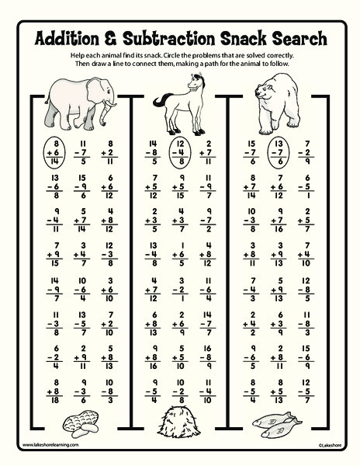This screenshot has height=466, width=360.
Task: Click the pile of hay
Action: point(182,423)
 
